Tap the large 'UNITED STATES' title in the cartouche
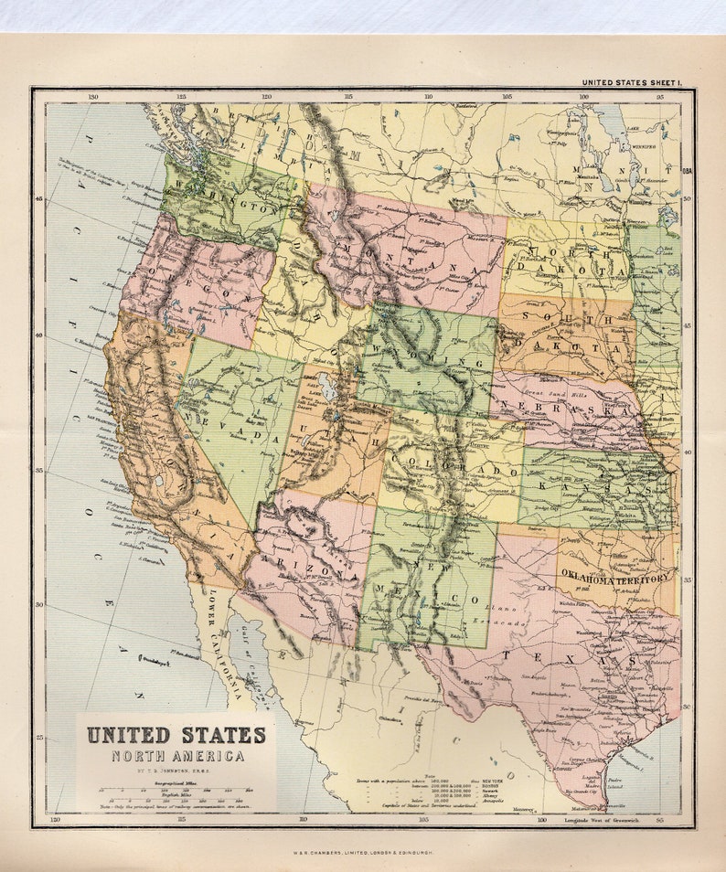pyautogui.click(x=176, y=735)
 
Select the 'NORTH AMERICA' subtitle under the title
pyautogui.click(x=177, y=756)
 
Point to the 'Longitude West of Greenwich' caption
pyautogui.click(x=603, y=819)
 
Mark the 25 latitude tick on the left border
pyautogui.click(x=39, y=737)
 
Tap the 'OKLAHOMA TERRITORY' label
pyautogui.click(x=614, y=578)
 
